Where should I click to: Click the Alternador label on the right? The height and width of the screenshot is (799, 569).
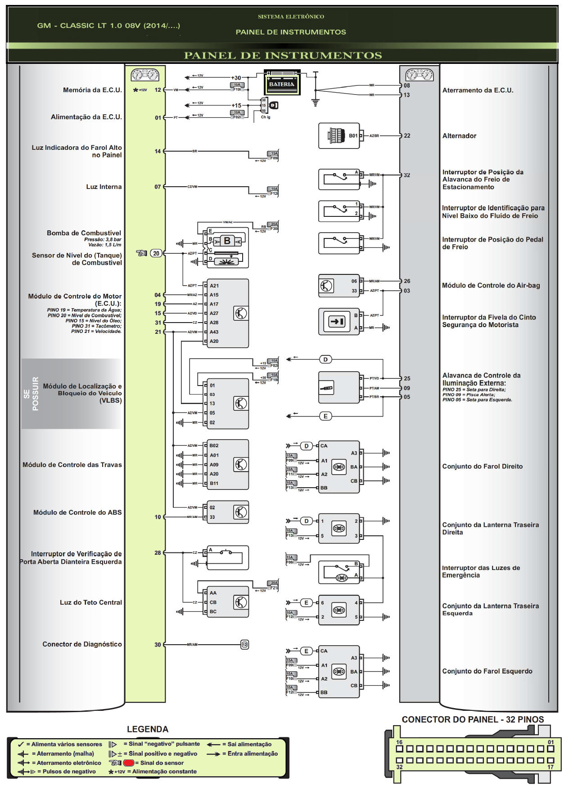[x=459, y=136]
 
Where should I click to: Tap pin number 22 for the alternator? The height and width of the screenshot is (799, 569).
[x=407, y=136]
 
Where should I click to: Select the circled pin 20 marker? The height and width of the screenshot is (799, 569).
[x=156, y=253]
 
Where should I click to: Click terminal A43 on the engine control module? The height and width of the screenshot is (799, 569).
[x=214, y=332]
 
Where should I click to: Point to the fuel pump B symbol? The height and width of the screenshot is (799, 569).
[x=227, y=241]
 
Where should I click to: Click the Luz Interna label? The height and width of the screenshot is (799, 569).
[x=104, y=187]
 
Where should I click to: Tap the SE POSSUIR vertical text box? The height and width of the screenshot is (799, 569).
[x=31, y=393]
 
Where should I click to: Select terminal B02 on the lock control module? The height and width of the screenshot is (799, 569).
[x=214, y=445]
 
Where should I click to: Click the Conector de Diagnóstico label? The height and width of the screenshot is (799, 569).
[x=82, y=644]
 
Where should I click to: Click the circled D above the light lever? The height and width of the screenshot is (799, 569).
[x=325, y=359]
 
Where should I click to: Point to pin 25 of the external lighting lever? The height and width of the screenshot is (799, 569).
[x=407, y=378]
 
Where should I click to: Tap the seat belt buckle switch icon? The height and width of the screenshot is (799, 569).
[x=337, y=321]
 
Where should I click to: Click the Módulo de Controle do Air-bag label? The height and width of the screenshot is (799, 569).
[x=491, y=285]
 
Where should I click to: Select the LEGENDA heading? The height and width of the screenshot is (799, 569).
[x=147, y=729]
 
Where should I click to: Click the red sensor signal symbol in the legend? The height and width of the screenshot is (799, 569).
[x=129, y=763]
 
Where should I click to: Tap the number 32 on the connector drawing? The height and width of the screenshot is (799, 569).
[x=399, y=767]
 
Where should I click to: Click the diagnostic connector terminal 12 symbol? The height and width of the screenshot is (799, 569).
[x=244, y=645]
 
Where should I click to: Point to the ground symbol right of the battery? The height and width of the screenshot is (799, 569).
[x=315, y=103]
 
